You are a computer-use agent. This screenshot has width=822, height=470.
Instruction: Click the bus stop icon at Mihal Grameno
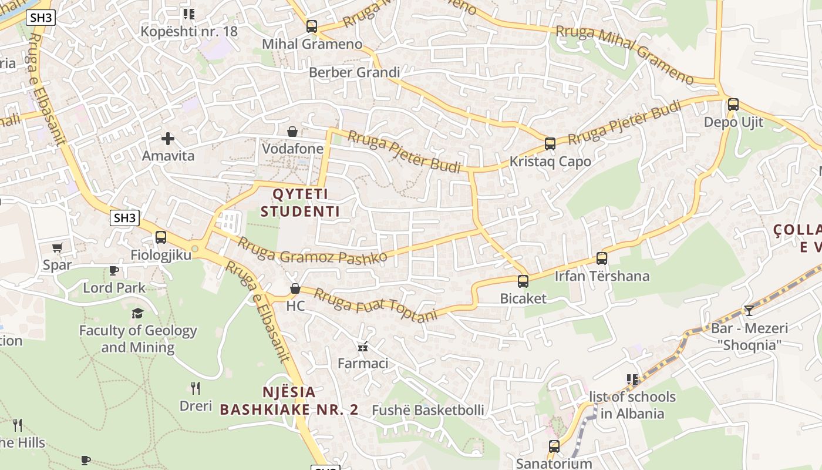point(312,26)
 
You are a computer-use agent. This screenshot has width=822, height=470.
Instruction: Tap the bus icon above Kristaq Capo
point(550,143)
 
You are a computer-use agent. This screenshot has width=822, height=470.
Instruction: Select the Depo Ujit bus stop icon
point(733,105)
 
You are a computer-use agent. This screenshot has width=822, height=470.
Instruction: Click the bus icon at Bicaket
point(523,281)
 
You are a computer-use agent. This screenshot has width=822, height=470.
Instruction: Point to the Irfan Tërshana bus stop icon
point(602,258)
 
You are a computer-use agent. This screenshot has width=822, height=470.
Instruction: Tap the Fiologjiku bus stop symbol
point(161,237)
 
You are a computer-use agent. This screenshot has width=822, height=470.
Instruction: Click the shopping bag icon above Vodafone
point(292,132)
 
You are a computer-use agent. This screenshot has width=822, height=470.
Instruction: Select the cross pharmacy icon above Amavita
point(168,139)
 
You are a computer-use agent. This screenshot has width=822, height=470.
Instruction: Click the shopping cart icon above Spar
point(57,248)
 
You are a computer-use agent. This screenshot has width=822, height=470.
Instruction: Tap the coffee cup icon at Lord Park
point(114,271)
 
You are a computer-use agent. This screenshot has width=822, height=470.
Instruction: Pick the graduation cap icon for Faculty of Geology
point(137,313)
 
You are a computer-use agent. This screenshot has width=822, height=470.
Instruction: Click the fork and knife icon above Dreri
point(196,388)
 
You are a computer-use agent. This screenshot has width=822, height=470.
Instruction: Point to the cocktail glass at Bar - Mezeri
point(749,310)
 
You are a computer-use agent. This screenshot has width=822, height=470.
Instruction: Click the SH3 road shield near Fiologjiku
point(124,218)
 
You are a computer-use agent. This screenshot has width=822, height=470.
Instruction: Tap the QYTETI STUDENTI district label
point(300,203)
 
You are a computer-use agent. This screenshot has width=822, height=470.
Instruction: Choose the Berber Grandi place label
point(354,72)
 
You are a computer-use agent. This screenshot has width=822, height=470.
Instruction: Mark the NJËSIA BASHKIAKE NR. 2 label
point(289,401)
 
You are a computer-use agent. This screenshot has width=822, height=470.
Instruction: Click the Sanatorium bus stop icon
point(554,446)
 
